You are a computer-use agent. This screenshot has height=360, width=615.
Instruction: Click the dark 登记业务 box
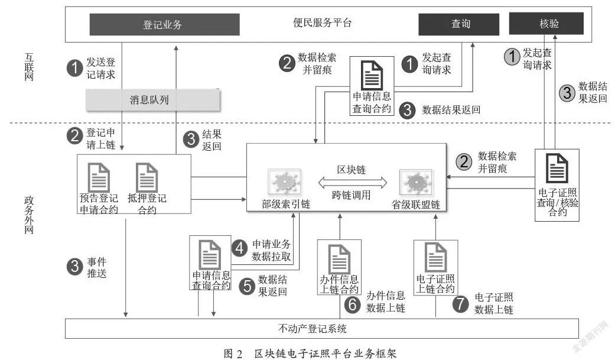click(164, 24)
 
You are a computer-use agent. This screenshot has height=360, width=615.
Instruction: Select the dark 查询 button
click(459, 24)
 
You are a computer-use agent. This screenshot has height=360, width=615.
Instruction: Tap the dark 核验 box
click(546, 24)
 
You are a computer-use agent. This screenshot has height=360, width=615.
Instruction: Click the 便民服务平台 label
click(323, 22)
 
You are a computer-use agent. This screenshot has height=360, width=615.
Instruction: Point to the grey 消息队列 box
click(153, 100)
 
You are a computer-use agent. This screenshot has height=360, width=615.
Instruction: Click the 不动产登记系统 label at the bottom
click(312, 329)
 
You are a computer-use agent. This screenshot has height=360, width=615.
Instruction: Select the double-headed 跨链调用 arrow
click(352, 183)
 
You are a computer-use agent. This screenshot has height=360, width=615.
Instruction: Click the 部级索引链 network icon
click(285, 182)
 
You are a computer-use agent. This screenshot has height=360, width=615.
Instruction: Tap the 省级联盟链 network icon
click(416, 182)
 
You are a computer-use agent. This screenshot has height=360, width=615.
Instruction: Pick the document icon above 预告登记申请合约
click(99, 177)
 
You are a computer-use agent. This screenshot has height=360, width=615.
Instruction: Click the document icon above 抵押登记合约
click(147, 177)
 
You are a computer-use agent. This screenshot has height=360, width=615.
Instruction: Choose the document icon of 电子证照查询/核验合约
click(557, 168)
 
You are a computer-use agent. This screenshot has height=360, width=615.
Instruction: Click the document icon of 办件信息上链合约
click(339, 259)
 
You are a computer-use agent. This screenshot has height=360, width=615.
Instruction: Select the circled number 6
click(352, 304)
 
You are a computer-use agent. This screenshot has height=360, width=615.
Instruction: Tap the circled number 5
click(247, 286)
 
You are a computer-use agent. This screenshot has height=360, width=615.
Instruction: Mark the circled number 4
click(239, 248)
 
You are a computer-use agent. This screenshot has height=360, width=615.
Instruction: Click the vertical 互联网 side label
click(29, 67)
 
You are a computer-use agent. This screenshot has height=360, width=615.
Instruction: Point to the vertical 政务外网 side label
click(29, 215)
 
